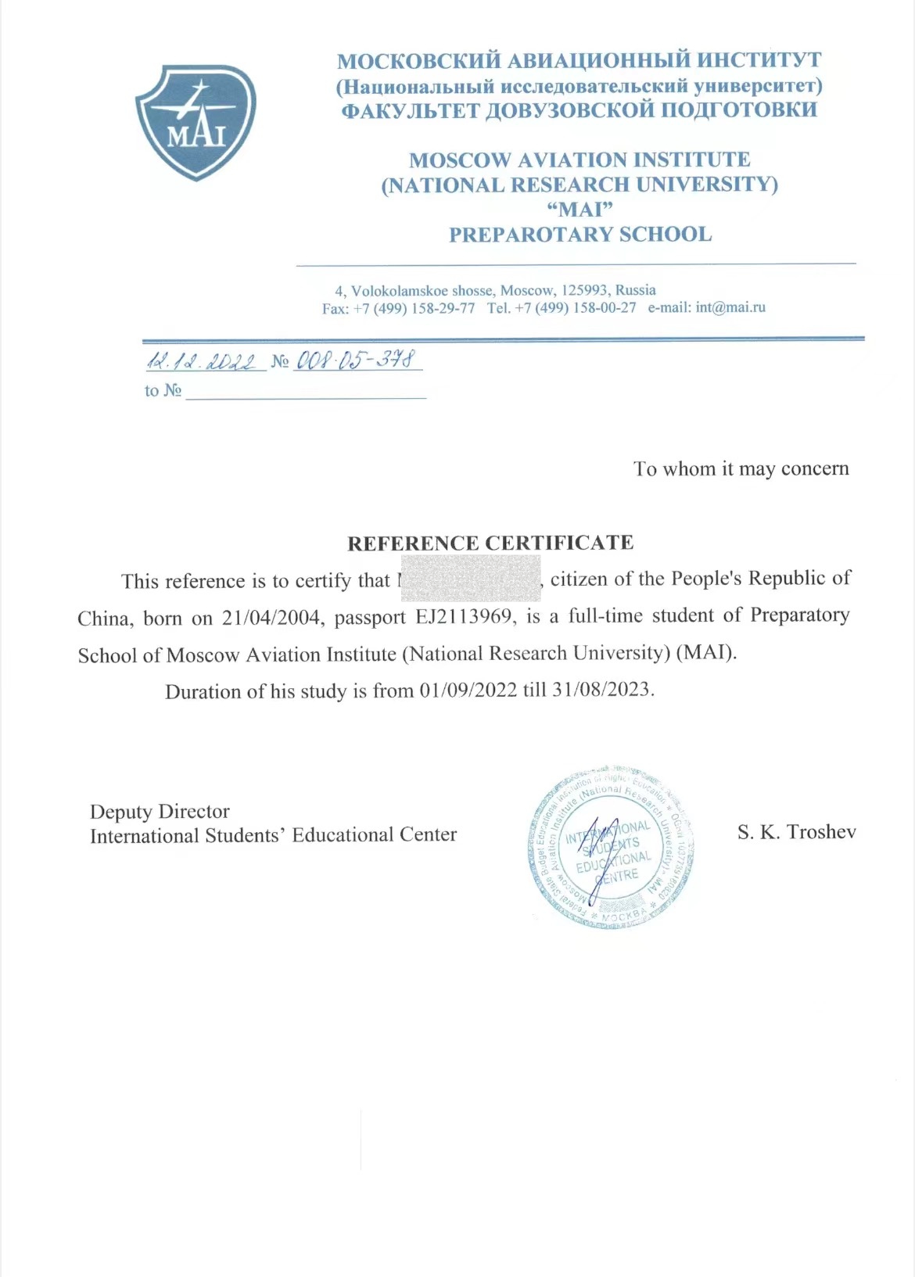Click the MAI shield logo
[196, 122]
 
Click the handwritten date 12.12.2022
[202, 361]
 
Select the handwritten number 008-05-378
[357, 360]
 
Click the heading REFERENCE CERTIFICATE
[490, 543]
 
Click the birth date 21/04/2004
[271, 618]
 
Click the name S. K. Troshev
[796, 831]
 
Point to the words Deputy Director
[160, 811]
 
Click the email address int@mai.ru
[730, 307]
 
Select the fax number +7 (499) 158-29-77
[414, 308]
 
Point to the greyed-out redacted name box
[470, 579]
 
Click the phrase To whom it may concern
[741, 468]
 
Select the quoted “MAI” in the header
[579, 210]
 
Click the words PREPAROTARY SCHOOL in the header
[579, 235]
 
